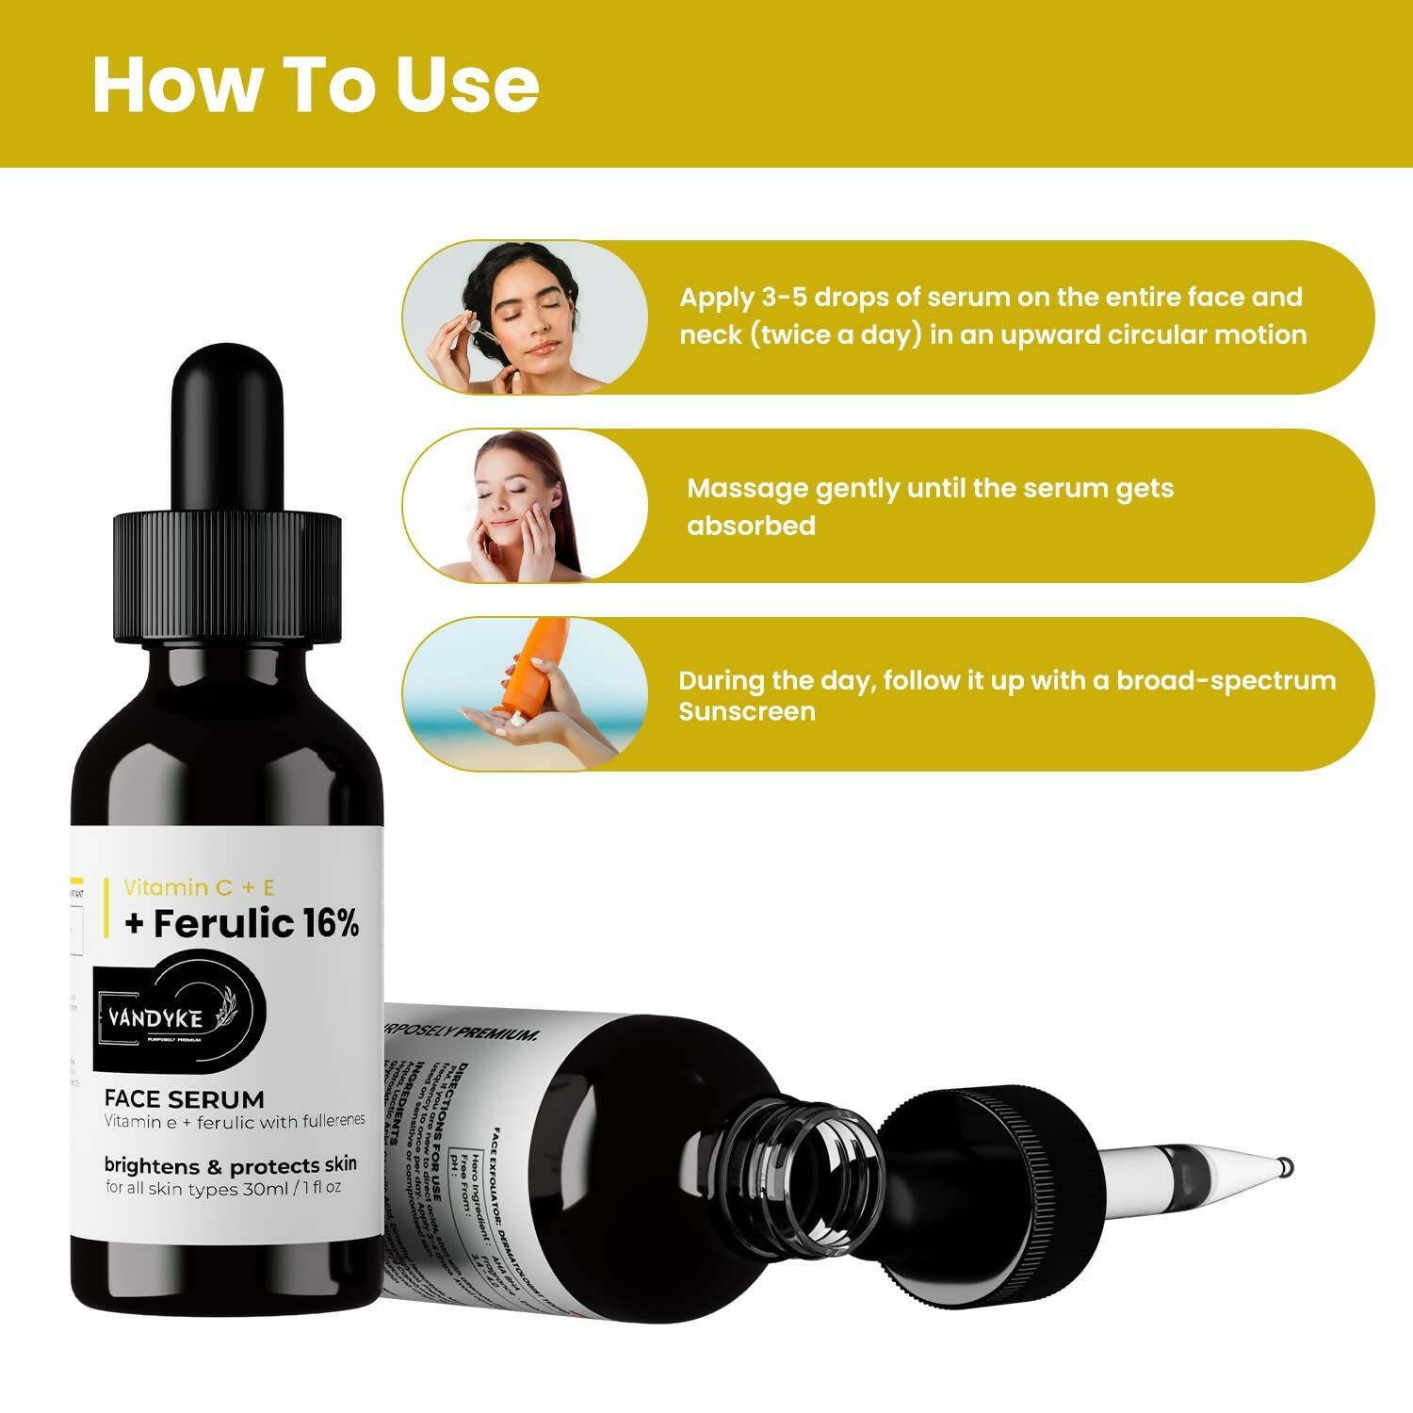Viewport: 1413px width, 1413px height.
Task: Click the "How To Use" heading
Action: pyautogui.click(x=315, y=85)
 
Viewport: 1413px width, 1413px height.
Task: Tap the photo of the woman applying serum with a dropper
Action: pyautogui.click(x=525, y=317)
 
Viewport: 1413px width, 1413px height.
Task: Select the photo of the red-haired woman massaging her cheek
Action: pyautogui.click(x=525, y=506)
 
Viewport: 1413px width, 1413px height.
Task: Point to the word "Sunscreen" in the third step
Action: pyautogui.click(x=747, y=711)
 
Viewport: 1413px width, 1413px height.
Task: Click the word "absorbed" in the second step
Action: pyautogui.click(x=751, y=526)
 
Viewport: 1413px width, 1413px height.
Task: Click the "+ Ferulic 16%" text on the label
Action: pyautogui.click(x=242, y=924)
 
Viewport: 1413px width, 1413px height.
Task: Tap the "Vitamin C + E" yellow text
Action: pyautogui.click(x=199, y=887)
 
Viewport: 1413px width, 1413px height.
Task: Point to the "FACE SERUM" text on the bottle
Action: pyautogui.click(x=184, y=1099)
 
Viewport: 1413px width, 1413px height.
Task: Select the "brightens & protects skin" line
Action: pyautogui.click(x=230, y=1166)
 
